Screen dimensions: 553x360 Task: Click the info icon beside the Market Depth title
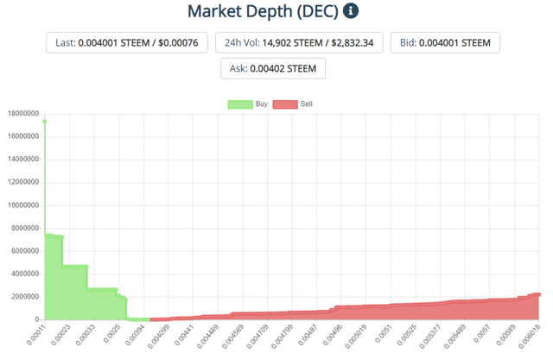351,11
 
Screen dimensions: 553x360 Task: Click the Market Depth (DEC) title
263,11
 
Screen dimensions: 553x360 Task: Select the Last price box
127,43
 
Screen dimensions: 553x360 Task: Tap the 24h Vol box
299,43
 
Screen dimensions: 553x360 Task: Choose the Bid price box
445,43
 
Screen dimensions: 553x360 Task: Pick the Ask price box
273,68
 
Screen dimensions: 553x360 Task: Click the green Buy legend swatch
240,104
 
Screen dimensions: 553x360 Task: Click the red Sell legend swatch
285,104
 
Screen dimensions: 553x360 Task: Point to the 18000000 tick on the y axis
23,113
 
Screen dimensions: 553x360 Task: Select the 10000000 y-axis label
23,205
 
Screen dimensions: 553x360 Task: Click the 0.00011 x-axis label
36,335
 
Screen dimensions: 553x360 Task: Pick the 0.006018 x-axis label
530,336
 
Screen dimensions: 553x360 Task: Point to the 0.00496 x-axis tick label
333,335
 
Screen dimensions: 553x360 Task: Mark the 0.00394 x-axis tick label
135,335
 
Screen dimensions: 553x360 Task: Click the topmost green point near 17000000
44,122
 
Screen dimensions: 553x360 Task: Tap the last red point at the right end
539,294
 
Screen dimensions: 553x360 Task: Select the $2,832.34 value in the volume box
352,43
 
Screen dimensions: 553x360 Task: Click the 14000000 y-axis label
23,159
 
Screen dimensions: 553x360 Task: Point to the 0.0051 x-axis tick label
383,333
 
